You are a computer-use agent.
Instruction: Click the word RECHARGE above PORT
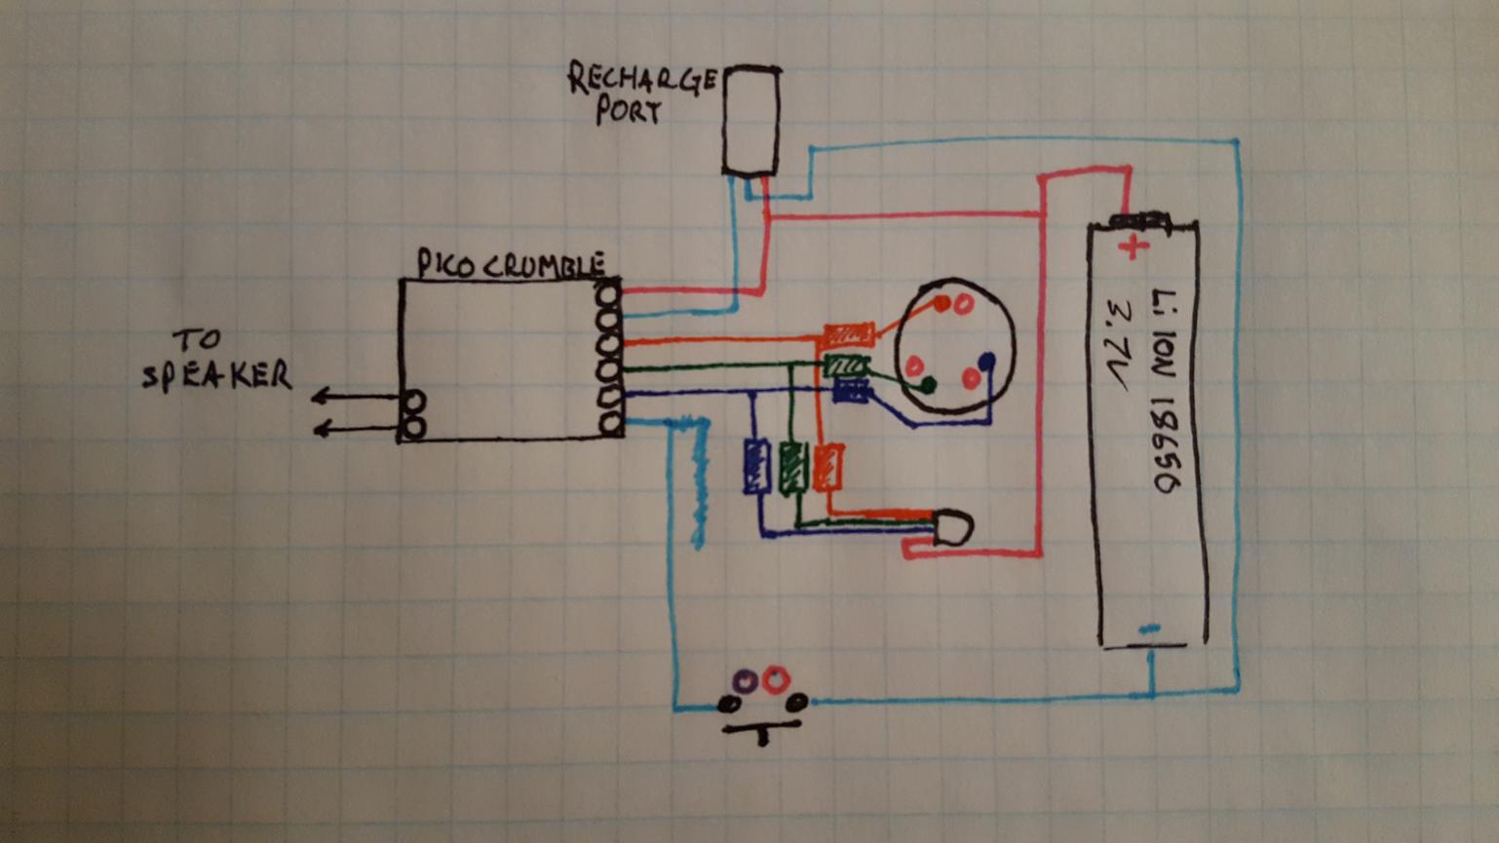641,80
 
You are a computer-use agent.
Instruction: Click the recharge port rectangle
750,121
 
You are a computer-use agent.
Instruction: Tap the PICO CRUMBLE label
511,264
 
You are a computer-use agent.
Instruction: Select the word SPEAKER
216,375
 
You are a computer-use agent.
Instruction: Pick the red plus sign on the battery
1133,247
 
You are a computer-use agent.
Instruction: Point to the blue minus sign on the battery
1150,630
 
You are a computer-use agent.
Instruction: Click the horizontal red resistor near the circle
848,335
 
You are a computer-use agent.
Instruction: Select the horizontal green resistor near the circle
846,365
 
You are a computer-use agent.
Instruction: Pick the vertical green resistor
793,467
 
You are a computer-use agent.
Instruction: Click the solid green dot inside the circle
928,385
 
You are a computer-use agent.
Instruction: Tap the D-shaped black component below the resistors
952,528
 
